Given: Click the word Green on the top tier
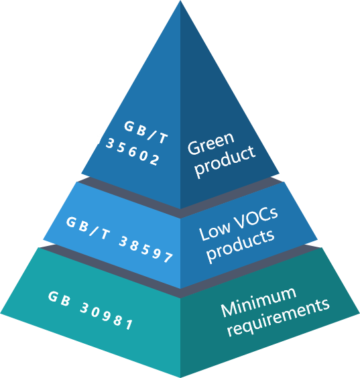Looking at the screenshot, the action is pyautogui.click(x=211, y=143).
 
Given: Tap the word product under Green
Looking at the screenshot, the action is pyautogui.click(x=225, y=162).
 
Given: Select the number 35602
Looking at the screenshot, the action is pyautogui.click(x=133, y=151).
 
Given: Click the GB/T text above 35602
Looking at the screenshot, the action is pyautogui.click(x=145, y=132).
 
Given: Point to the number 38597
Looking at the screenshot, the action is pyautogui.click(x=146, y=249).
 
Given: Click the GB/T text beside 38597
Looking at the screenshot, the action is pyautogui.click(x=88, y=228).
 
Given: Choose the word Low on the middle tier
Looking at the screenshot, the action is pyautogui.click(x=215, y=232).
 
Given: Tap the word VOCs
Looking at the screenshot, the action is pyautogui.click(x=256, y=218).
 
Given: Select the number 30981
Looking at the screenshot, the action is pyautogui.click(x=107, y=316).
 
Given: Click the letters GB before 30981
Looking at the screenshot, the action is pyautogui.click(x=59, y=299).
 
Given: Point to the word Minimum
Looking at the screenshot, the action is pyautogui.click(x=258, y=302).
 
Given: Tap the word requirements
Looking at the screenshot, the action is pyautogui.click(x=278, y=318).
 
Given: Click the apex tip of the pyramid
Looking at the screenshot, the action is pyautogui.click(x=180, y=1).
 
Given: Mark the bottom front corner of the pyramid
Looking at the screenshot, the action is pyautogui.click(x=180, y=377).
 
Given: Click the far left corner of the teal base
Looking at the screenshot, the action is pyautogui.click(x=1, y=314).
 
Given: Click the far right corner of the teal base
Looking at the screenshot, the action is pyautogui.click(x=359, y=314).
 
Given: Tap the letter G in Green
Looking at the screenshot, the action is pyautogui.click(x=194, y=147).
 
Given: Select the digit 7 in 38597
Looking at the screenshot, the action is pyautogui.click(x=168, y=257).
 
